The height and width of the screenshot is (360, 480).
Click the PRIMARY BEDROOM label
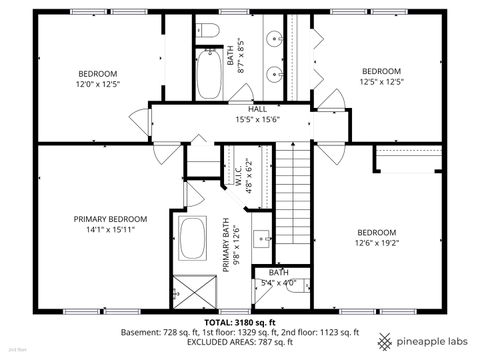coord(110,219)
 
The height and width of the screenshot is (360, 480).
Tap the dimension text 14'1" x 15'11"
coord(110,229)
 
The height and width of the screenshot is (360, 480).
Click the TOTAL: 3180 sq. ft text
coord(239,323)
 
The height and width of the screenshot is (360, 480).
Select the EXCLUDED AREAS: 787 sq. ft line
coord(239,342)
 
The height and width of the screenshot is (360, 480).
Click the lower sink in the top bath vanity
coord(274,72)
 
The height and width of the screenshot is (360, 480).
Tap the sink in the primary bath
coord(261,238)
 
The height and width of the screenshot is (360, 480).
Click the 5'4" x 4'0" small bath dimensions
coord(278,282)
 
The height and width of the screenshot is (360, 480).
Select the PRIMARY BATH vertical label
coord(227,247)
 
